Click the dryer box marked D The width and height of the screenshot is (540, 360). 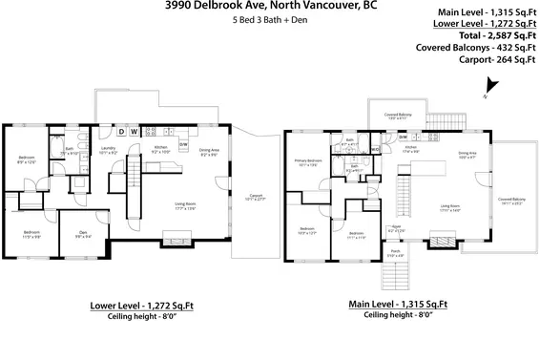click(x=121, y=132)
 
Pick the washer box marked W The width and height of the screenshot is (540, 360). click(x=135, y=132)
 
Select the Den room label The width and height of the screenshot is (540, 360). click(x=83, y=226)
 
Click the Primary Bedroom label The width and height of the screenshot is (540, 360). click(x=307, y=162)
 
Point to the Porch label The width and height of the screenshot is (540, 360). click(x=395, y=254)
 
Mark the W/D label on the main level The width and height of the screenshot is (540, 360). click(x=376, y=149)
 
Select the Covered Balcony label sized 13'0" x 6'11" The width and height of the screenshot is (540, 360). click(x=398, y=115)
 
